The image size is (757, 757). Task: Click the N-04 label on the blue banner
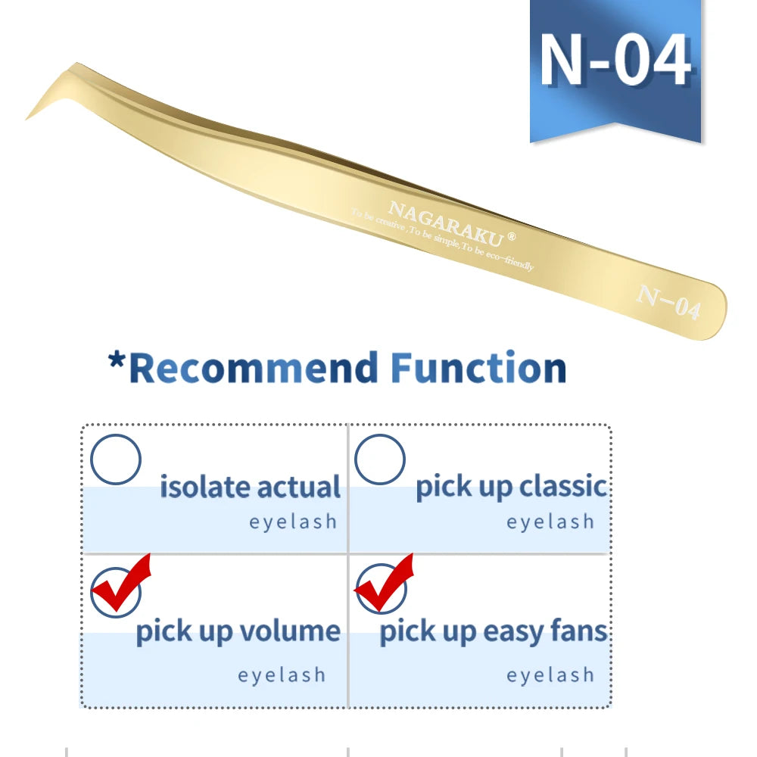[615, 60]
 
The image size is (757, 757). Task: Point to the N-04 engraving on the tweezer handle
[668, 302]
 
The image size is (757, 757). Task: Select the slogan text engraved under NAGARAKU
[442, 241]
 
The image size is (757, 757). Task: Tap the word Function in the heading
[478, 369]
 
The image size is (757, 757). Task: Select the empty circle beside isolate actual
[115, 459]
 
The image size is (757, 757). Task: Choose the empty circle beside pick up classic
[379, 459]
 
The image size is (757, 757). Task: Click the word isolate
[201, 487]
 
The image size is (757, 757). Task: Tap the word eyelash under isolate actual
[293, 522]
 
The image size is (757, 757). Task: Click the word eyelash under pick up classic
[550, 522]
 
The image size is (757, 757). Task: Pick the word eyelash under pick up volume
[282, 675]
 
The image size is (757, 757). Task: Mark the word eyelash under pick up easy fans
[550, 675]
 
